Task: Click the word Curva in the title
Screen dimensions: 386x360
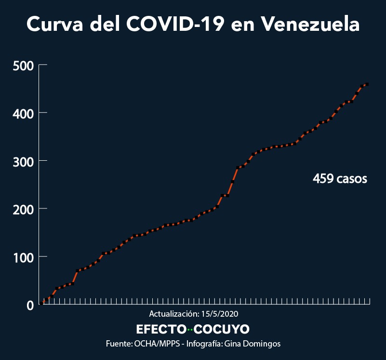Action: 54,24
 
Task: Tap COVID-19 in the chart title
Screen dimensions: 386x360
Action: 175,24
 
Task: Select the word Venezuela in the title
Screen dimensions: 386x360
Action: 310,24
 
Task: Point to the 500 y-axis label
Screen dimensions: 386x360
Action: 23,66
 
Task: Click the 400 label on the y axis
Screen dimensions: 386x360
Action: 23,114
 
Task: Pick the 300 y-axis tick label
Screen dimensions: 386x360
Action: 23,162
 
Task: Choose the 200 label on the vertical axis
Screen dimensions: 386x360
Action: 23,210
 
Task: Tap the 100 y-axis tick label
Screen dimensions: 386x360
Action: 23,257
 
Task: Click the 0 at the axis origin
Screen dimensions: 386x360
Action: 30,306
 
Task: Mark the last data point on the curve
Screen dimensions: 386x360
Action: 367,84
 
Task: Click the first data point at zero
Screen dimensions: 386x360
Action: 41,303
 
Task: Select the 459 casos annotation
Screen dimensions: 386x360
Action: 340,179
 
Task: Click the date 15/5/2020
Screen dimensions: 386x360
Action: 220,314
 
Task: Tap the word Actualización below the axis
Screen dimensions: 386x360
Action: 174,314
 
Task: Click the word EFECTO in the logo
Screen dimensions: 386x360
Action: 161,329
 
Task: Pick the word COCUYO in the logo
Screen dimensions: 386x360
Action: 222,329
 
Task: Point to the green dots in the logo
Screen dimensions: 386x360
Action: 190,329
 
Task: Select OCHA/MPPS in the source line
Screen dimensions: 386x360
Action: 157,344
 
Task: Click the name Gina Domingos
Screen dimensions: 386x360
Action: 253,344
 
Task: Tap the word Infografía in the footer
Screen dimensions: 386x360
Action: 204,344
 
